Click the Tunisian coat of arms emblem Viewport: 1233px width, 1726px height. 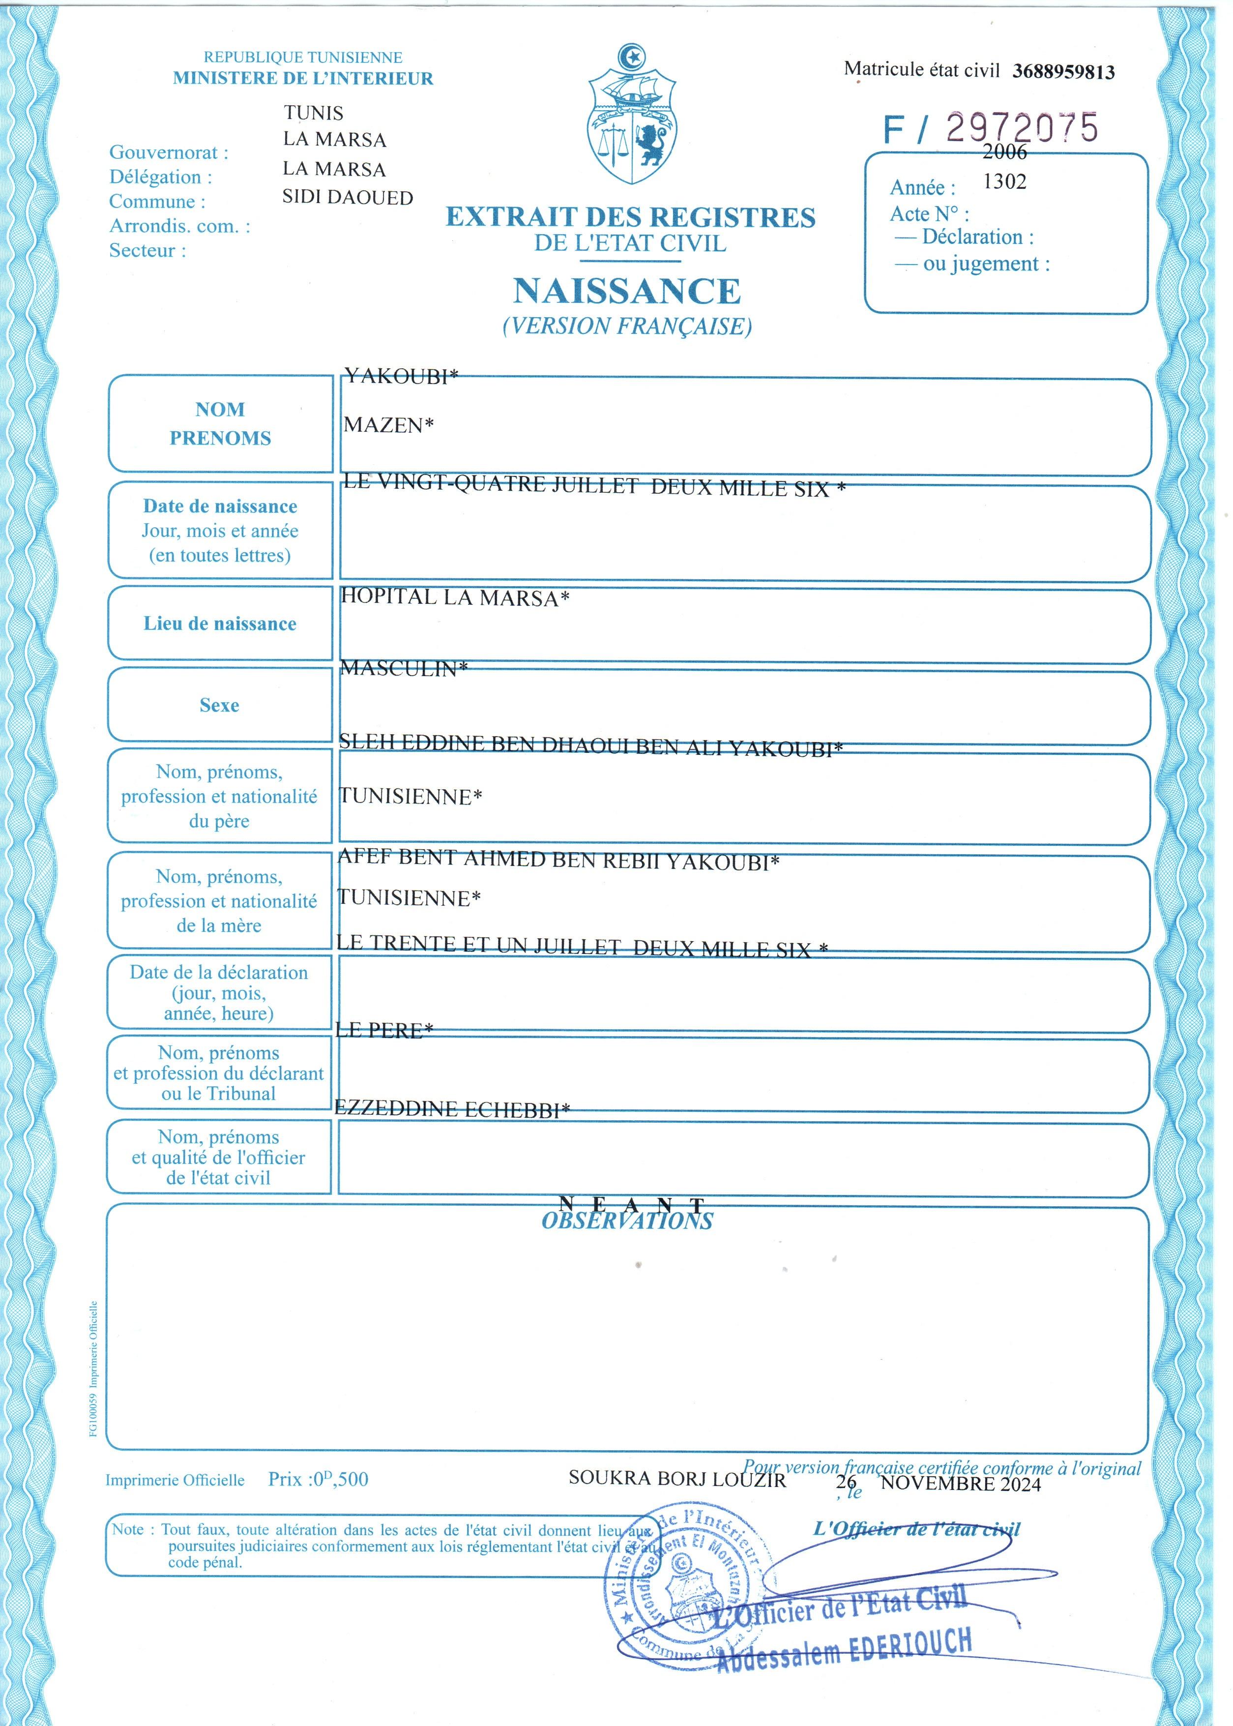[632, 116]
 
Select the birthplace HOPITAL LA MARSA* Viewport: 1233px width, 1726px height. [455, 597]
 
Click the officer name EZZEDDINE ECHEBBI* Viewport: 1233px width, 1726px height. [452, 1109]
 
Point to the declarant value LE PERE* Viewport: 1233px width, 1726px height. [384, 1030]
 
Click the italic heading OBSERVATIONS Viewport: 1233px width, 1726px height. [627, 1221]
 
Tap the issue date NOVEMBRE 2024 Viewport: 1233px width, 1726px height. [961, 1484]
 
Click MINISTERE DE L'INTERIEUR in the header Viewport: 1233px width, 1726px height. [303, 78]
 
